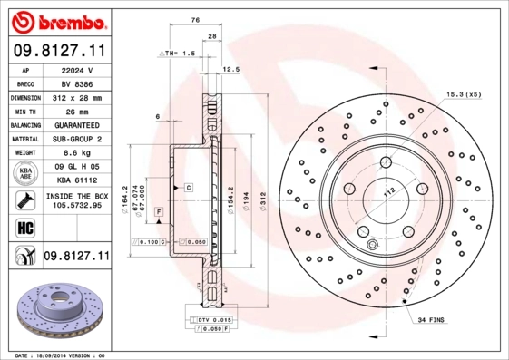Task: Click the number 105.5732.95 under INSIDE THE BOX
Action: tap(76, 206)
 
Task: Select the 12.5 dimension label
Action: tap(230, 69)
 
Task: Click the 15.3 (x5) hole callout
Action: tap(463, 94)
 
